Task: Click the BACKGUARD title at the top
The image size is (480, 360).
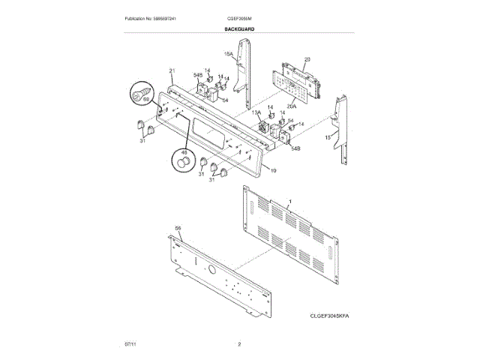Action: point(239,28)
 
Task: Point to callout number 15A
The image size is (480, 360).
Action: point(229,54)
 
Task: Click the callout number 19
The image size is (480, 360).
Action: point(273,171)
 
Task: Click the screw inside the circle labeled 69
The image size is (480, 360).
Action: point(139,93)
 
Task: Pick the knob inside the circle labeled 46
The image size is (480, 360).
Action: point(182,163)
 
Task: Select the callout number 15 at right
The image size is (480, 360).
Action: point(327,138)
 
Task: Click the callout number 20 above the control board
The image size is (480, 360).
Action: point(307,59)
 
